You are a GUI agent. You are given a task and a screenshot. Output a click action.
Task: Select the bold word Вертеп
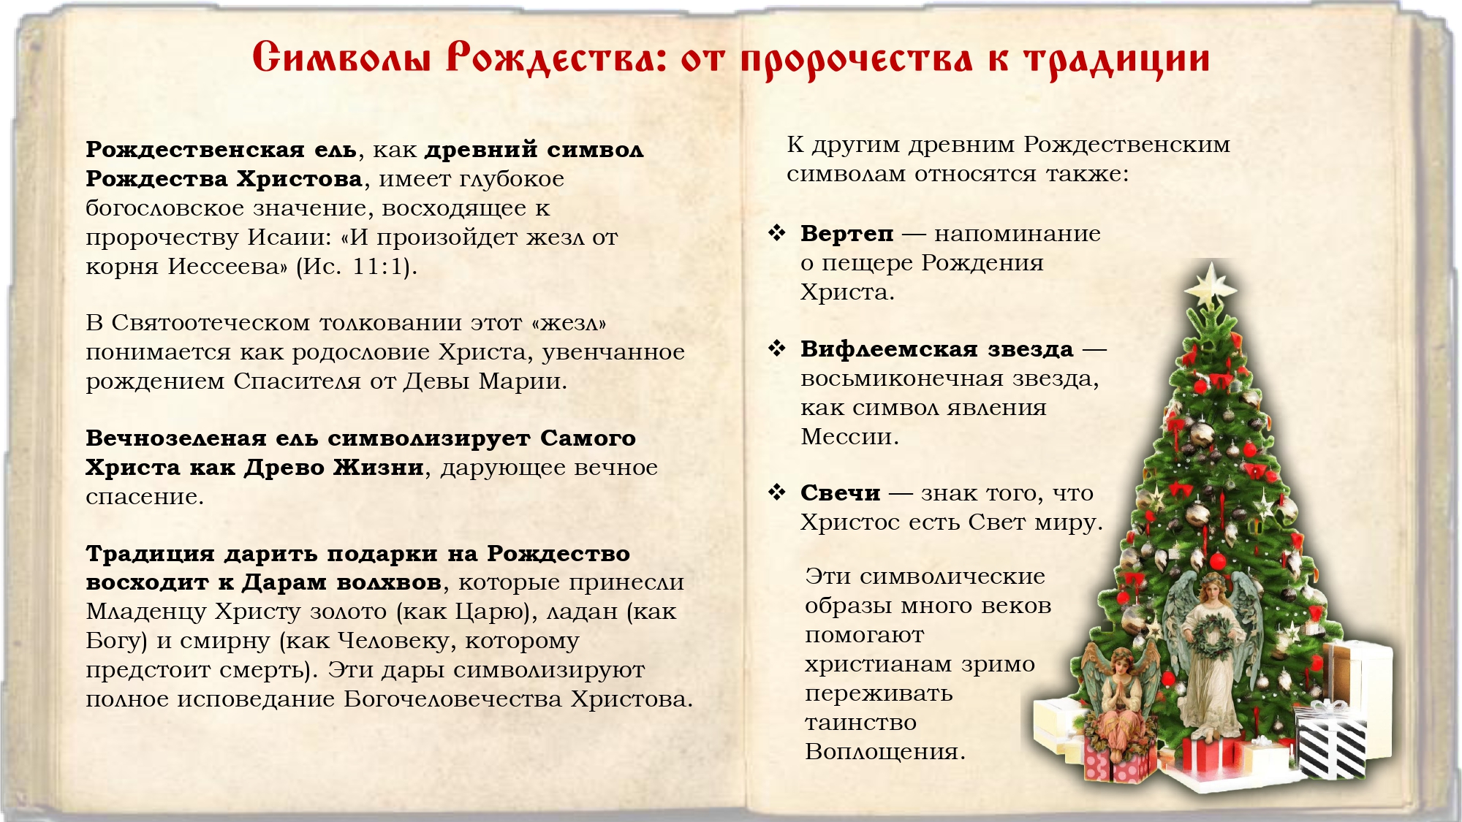(846, 234)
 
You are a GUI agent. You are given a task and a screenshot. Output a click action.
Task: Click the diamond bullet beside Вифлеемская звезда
(776, 349)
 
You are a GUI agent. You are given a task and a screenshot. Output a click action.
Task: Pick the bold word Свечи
(840, 493)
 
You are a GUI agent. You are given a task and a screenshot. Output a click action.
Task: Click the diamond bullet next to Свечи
(776, 492)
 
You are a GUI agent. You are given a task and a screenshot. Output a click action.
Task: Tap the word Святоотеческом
(211, 323)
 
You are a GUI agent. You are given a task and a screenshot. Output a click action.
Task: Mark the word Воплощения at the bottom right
(885, 752)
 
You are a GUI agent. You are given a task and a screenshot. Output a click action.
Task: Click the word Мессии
(849, 437)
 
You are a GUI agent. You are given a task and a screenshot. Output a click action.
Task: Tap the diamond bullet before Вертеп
(776, 233)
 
